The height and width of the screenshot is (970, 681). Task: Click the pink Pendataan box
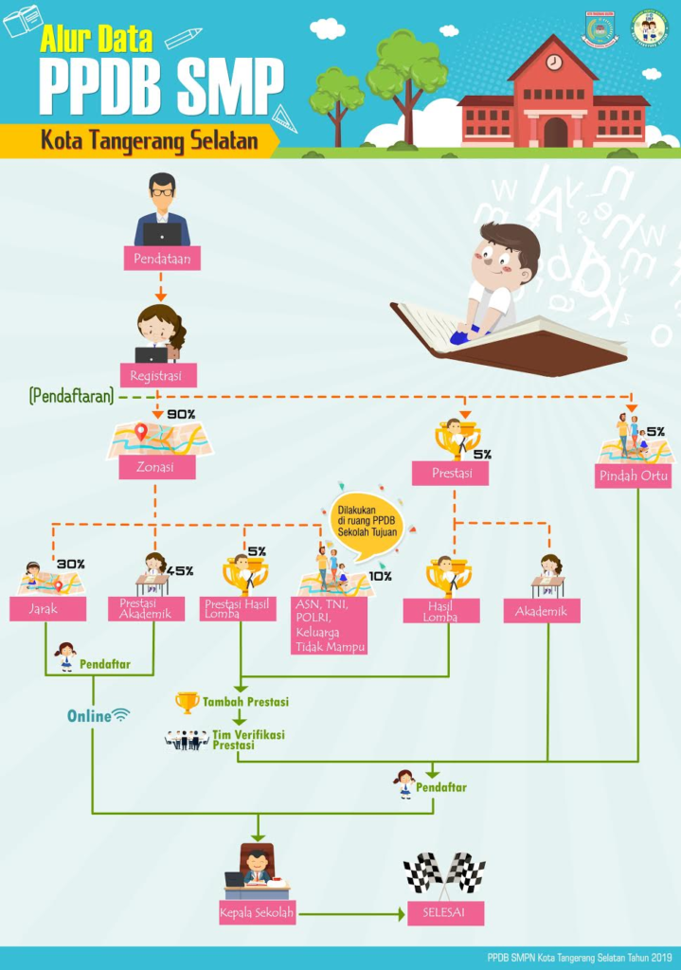tap(161, 259)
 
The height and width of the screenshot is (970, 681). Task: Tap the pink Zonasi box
tap(156, 467)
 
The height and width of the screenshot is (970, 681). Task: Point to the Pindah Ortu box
tap(633, 475)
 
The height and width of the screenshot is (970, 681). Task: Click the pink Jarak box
tap(47, 609)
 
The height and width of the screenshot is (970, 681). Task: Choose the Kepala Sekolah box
tap(258, 914)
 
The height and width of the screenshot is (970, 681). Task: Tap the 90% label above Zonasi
tap(181, 414)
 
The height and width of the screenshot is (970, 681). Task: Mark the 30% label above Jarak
tap(71, 564)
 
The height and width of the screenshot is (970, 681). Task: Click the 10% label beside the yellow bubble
tap(380, 575)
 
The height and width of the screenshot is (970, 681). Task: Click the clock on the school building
tap(554, 63)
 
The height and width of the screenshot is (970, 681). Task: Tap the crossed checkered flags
tap(444, 873)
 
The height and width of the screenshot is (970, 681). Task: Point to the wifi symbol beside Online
tap(120, 715)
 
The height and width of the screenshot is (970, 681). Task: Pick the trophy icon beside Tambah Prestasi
tap(187, 702)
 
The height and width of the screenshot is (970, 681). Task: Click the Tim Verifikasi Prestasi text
tap(247, 739)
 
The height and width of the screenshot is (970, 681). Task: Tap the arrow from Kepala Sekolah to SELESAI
tap(350, 914)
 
